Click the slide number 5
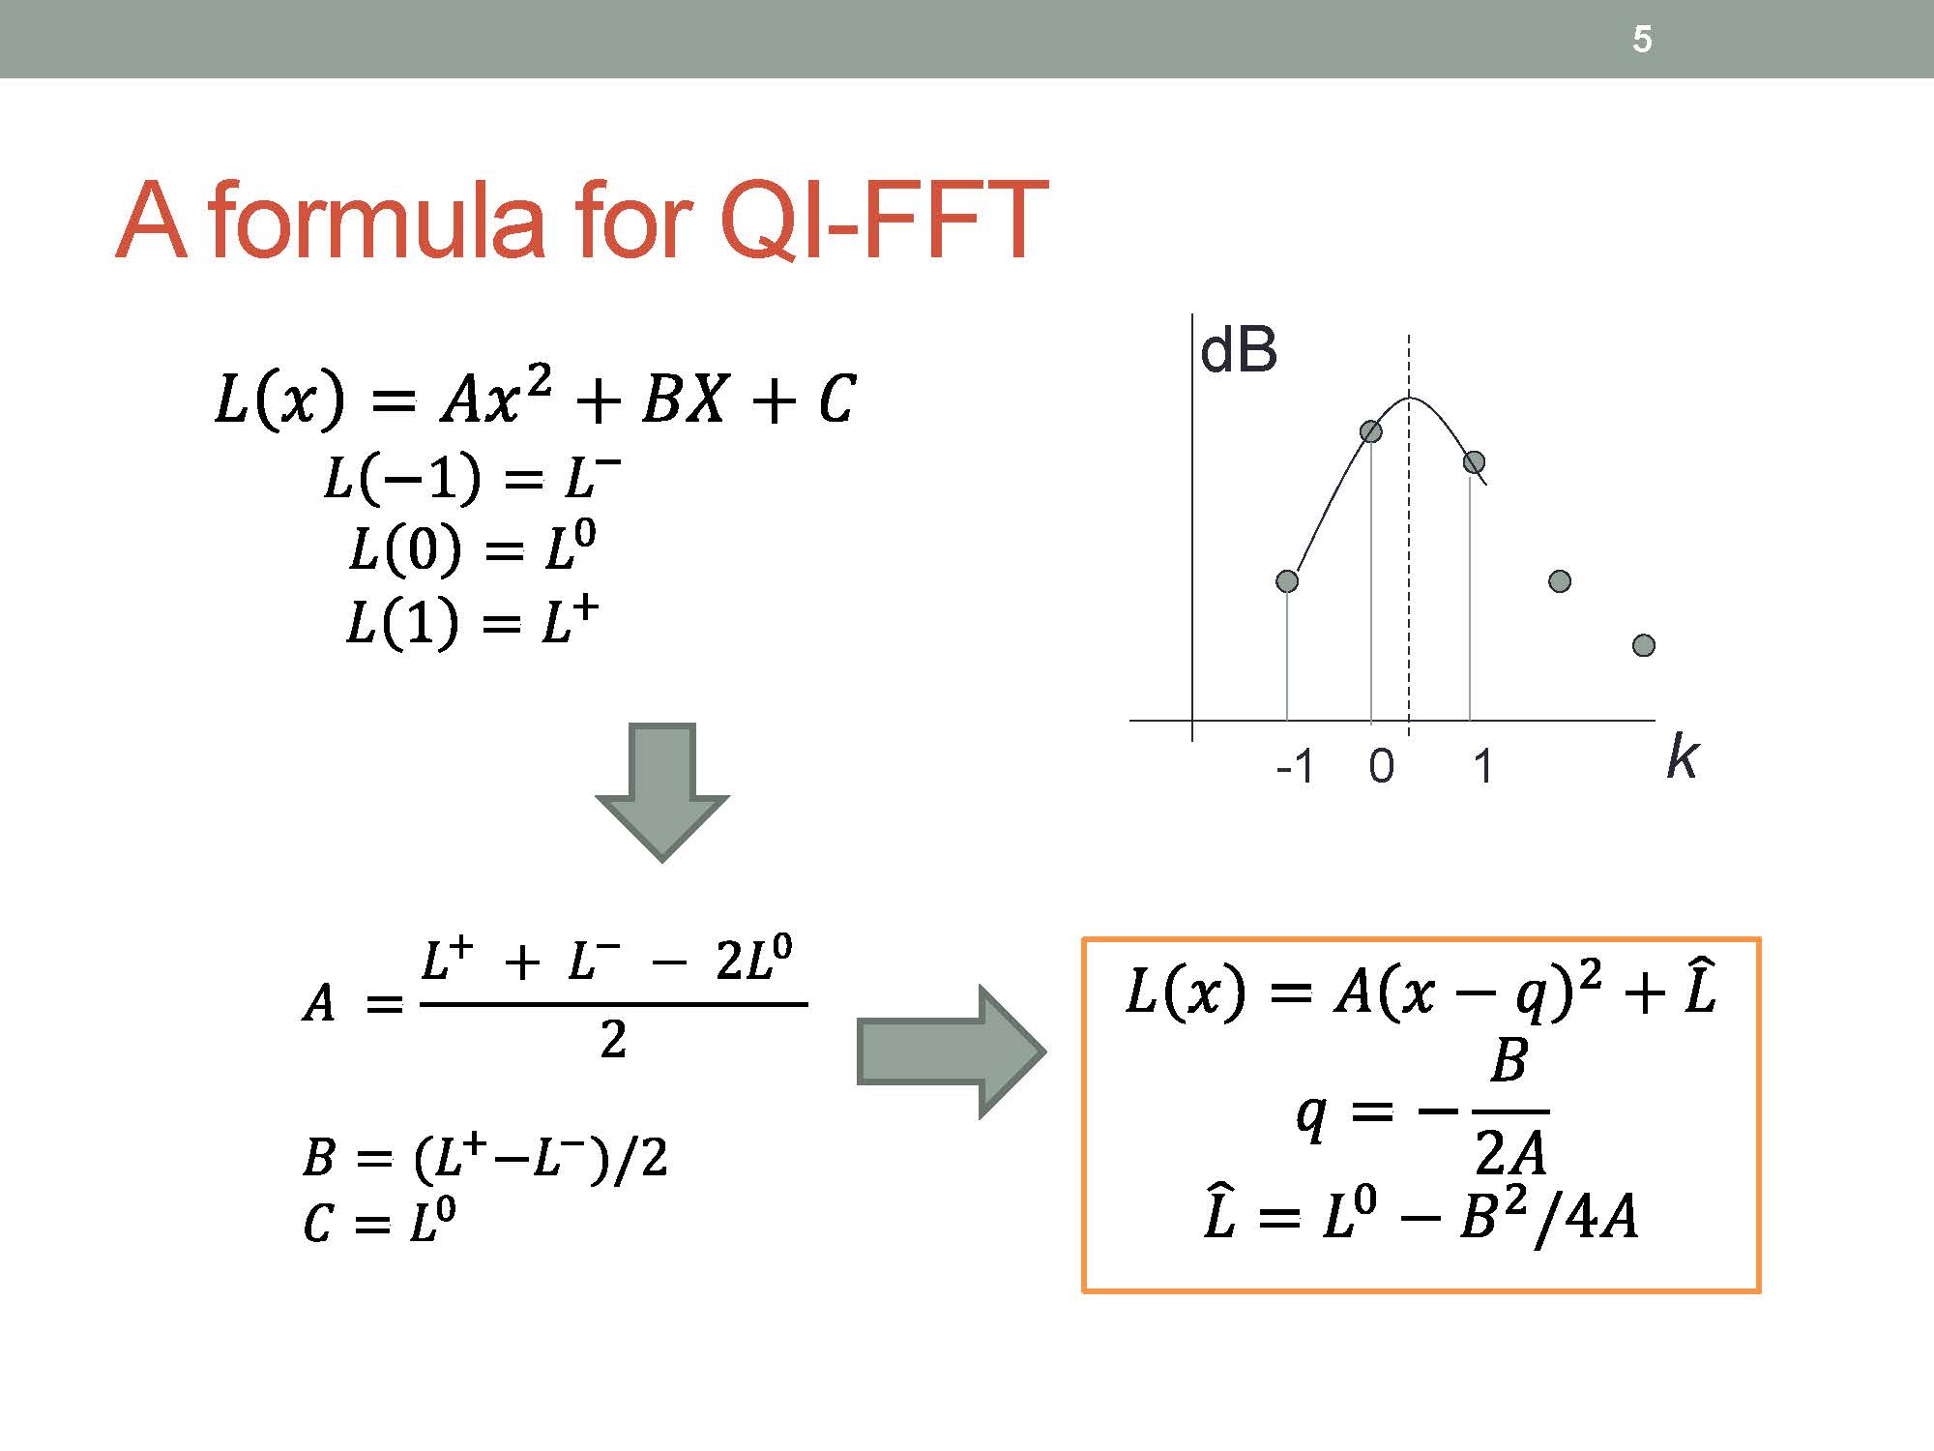(x=1642, y=39)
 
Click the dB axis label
(x=1239, y=349)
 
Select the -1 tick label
(x=1296, y=767)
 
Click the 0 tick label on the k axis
(x=1382, y=767)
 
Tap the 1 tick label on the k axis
(x=1482, y=767)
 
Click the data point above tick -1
(x=1287, y=580)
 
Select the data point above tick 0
(x=1371, y=431)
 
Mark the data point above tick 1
(x=1474, y=462)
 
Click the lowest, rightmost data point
(x=1644, y=645)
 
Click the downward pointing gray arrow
(x=662, y=792)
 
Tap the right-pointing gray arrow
(x=952, y=1051)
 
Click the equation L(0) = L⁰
(x=473, y=548)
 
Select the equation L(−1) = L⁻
(x=472, y=477)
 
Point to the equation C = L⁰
(x=379, y=1221)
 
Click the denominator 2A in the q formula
(x=1510, y=1151)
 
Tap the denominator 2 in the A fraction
(x=613, y=1041)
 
